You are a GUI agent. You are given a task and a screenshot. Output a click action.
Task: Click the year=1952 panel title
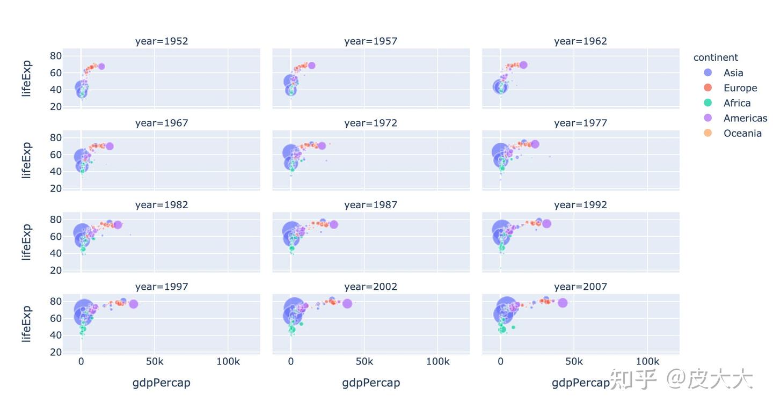point(162,41)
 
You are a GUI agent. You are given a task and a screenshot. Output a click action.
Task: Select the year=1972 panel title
point(370,123)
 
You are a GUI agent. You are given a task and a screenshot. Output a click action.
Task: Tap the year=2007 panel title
point(580,287)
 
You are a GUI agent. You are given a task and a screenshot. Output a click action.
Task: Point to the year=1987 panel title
point(370,204)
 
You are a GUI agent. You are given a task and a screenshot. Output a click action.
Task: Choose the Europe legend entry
point(730,88)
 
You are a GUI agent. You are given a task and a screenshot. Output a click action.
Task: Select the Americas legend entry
point(735,118)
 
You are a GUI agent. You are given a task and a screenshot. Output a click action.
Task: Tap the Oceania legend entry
point(732,133)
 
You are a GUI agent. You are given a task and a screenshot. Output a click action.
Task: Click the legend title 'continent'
point(716,57)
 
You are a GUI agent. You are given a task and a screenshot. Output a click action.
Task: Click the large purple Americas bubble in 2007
point(563,303)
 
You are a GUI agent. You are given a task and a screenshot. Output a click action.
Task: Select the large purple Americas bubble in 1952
point(101,66)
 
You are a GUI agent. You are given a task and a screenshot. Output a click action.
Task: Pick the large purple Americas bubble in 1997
point(134,304)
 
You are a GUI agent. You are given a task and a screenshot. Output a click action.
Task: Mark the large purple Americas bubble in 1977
point(535,144)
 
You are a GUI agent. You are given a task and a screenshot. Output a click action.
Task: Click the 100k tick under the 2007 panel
point(647,361)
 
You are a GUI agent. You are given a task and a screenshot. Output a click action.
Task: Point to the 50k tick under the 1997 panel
point(155,361)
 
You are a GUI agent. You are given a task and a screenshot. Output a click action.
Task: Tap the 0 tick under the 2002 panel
point(291,361)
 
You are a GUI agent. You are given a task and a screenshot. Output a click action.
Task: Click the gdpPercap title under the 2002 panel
point(371,383)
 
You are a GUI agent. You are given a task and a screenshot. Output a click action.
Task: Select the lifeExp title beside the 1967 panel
point(26,160)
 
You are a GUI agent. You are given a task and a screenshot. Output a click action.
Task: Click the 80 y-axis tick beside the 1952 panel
point(56,56)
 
